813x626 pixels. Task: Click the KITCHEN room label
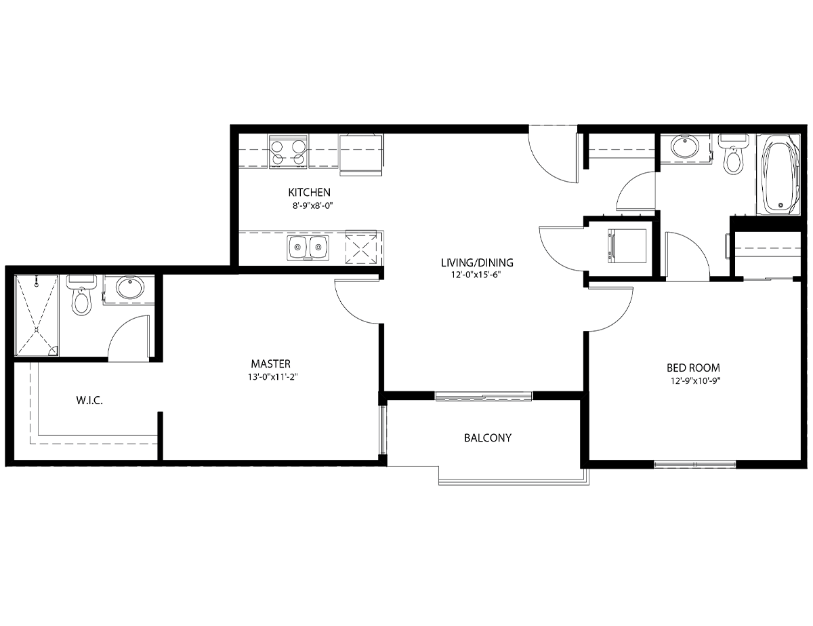coord(309,193)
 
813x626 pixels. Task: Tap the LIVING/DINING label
coord(477,263)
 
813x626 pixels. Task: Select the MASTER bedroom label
coord(270,364)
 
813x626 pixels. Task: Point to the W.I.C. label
coord(89,401)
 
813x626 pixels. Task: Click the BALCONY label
coord(488,438)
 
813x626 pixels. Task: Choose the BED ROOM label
coord(693,368)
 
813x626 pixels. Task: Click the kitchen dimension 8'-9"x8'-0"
coord(313,206)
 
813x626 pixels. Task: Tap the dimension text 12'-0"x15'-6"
coord(476,275)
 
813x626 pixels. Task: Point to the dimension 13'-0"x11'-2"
coord(273,376)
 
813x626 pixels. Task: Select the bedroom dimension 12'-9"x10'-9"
coord(696,381)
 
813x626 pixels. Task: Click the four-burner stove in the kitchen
coord(288,152)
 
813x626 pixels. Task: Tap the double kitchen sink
coord(308,248)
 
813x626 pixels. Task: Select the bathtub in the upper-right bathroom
coord(778,174)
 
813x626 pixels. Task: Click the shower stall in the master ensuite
coord(37,315)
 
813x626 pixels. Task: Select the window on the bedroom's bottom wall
coord(694,465)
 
